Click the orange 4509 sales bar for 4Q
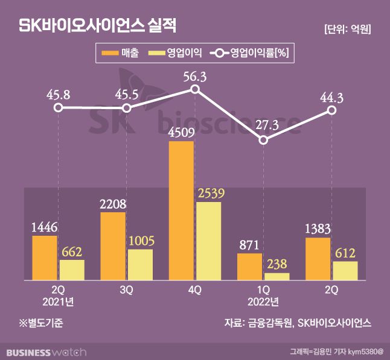[x=181, y=211]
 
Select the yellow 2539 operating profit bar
[x=208, y=241]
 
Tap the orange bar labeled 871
[x=249, y=267]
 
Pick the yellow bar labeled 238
[x=277, y=276]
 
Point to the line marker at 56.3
[x=195, y=89]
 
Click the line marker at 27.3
[x=263, y=140]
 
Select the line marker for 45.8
[x=58, y=108]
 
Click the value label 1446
[x=44, y=227]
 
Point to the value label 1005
[x=140, y=241]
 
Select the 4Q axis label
[x=194, y=289]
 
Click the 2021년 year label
[x=58, y=301]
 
